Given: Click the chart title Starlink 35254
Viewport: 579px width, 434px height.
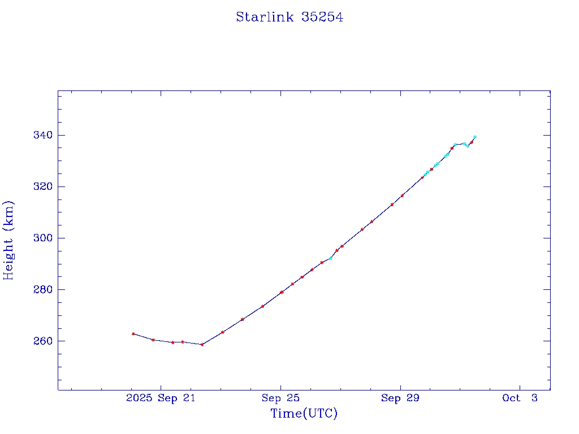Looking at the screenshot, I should tap(289, 17).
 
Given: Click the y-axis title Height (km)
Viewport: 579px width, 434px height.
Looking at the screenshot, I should tap(8, 240).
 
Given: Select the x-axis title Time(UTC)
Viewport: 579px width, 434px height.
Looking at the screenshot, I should tap(304, 414).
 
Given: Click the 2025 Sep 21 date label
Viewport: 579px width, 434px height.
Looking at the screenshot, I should tap(161, 398).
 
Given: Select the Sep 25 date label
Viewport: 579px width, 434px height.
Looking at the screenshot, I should tap(280, 398).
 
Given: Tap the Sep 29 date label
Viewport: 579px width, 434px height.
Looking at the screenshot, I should tap(400, 398).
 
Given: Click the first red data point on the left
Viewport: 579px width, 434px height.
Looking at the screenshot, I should tap(133, 333).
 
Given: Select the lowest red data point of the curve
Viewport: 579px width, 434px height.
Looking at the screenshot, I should tap(202, 344).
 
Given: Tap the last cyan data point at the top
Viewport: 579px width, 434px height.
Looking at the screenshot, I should tap(475, 137).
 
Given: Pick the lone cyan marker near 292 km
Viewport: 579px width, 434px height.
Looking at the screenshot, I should tap(331, 258).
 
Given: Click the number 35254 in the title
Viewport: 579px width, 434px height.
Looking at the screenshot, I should tap(322, 17).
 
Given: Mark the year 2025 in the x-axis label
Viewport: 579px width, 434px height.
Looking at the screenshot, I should tap(139, 398).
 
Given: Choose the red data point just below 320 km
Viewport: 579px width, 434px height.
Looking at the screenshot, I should tap(402, 196).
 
